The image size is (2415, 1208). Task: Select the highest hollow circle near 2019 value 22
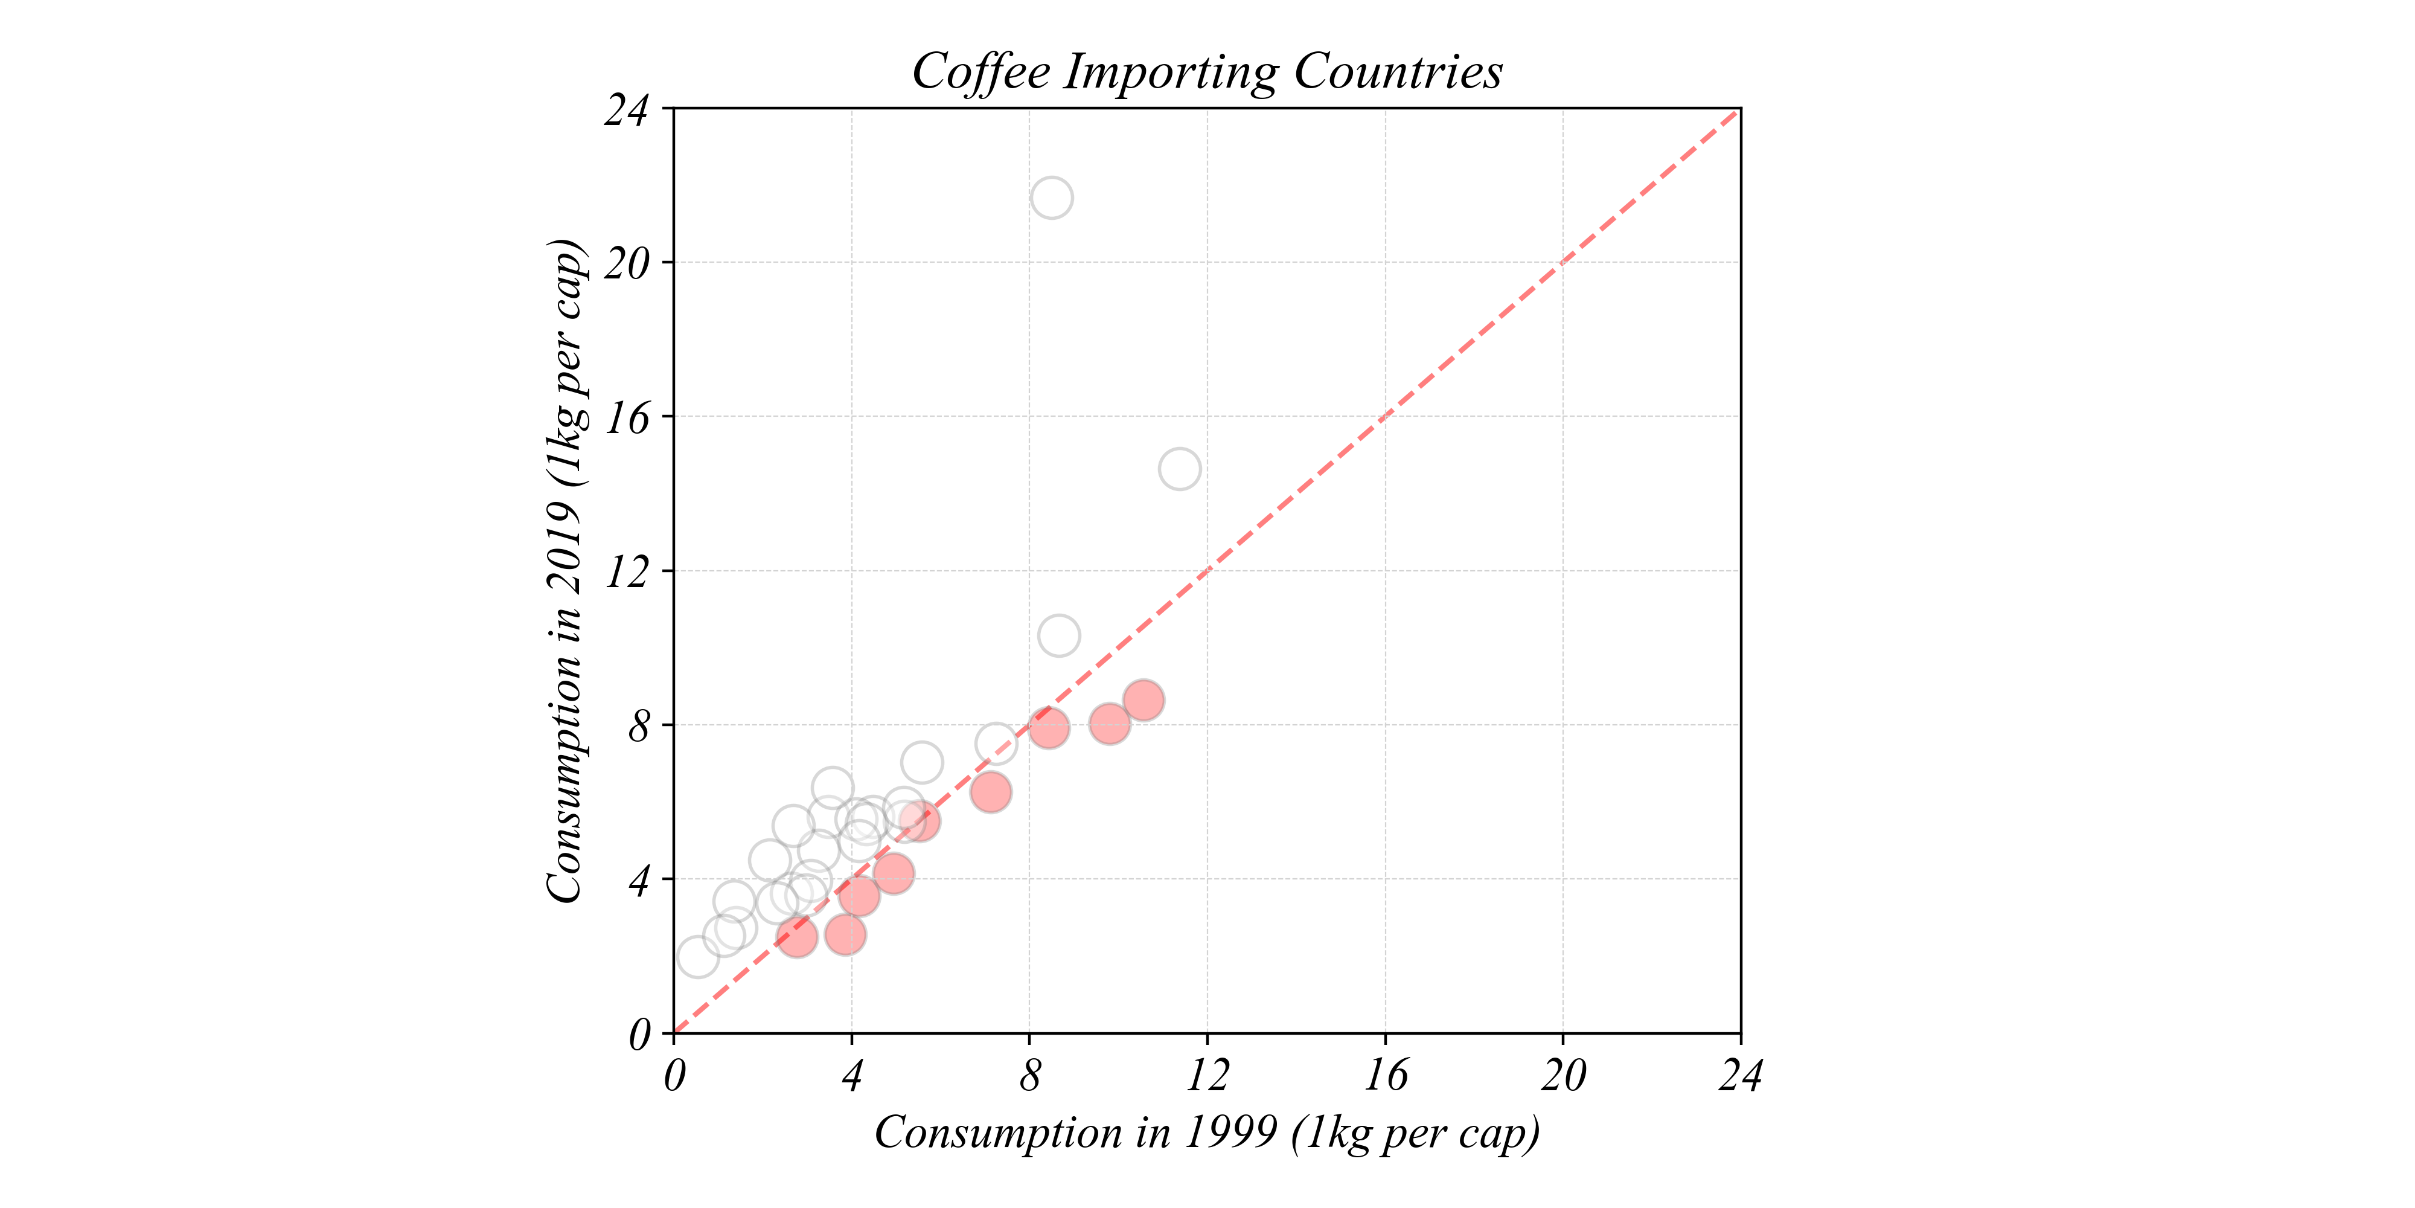[x=1052, y=198]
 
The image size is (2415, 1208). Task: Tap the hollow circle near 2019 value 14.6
[x=1179, y=469]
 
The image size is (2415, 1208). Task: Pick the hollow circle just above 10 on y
[x=1058, y=636]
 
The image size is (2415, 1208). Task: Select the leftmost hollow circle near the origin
[x=697, y=957]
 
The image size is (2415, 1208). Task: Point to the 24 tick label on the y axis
[x=626, y=111]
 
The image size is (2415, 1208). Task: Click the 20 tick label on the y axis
[x=626, y=265]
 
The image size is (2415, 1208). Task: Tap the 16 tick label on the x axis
[x=1384, y=1076]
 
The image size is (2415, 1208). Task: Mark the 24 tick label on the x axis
[x=1740, y=1076]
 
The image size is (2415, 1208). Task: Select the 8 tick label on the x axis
[x=1029, y=1076]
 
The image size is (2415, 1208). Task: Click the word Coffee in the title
[x=980, y=71]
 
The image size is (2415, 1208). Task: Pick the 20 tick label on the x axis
[x=1563, y=1076]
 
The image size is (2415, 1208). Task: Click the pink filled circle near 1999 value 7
[x=990, y=792]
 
